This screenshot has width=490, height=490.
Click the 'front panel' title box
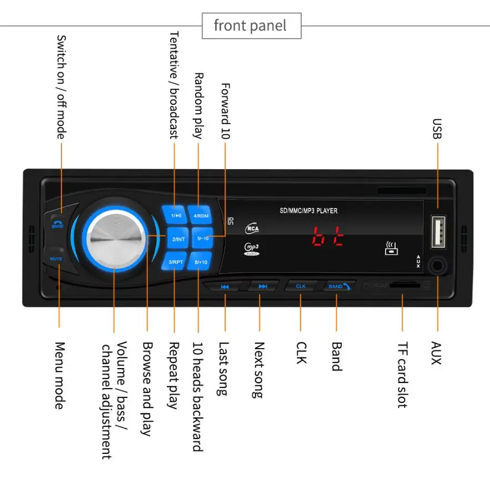point(251,25)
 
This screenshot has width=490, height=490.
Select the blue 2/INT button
point(177,239)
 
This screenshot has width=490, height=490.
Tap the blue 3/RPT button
point(176,262)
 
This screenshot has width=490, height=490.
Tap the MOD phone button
point(57,222)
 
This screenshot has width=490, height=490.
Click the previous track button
point(224,287)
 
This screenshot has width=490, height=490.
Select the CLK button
point(300,286)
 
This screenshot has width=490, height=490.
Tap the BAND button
point(338,286)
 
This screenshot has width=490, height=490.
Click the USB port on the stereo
point(438,232)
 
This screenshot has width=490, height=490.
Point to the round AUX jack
point(437,266)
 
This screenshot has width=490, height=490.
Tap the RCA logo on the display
point(252,228)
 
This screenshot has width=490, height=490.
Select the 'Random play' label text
point(199,105)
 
